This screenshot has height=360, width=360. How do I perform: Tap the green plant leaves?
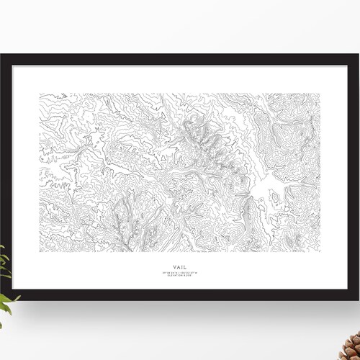6,288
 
